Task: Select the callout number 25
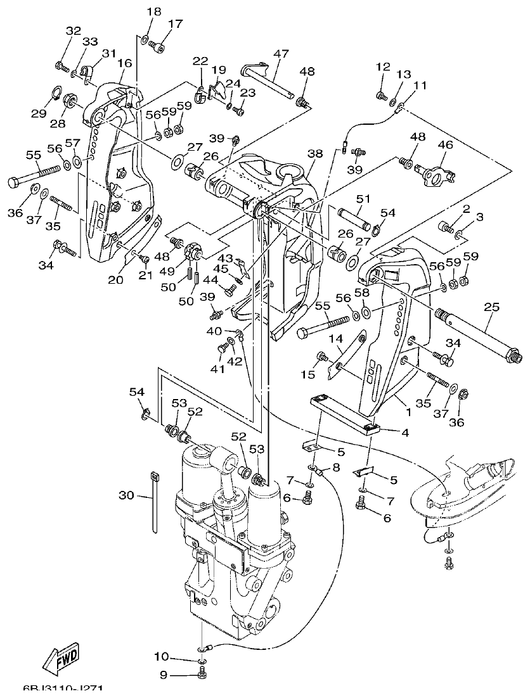pos(491,307)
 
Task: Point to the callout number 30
pos(127,495)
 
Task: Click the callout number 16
pos(124,63)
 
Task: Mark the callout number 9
pos(163,676)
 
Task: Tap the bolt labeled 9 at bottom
pos(202,675)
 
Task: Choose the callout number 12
pos(382,67)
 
